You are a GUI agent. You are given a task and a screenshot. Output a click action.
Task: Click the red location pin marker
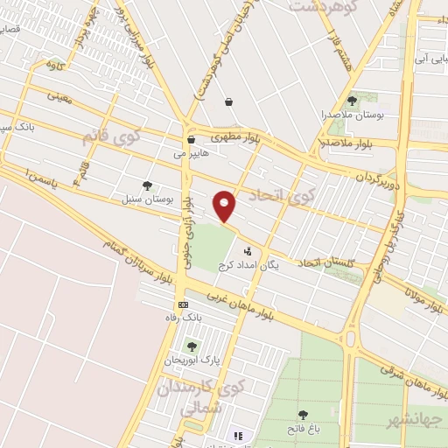(x=225, y=206)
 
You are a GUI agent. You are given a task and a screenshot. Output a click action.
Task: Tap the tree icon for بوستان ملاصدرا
(x=353, y=101)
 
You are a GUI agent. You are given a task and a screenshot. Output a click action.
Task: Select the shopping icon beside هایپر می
(x=191, y=139)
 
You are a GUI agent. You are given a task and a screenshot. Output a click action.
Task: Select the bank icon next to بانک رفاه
(x=183, y=304)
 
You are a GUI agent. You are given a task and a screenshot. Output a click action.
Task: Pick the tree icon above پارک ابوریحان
(x=192, y=346)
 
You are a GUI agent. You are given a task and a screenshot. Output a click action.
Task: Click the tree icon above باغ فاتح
(x=303, y=415)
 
